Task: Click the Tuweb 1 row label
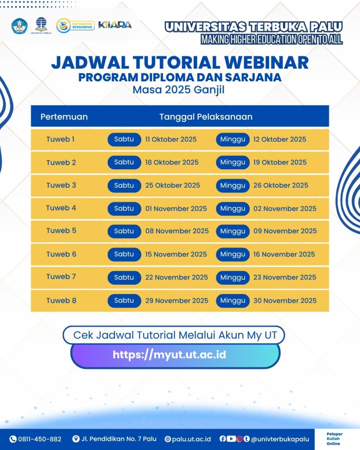[x=60, y=139]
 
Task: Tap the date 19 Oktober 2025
[x=280, y=163]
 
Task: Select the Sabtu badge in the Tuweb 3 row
[x=124, y=185]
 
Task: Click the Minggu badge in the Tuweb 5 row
[x=233, y=231]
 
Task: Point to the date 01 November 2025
[x=176, y=209]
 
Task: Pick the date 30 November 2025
[x=285, y=301]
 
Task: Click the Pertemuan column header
[x=64, y=117]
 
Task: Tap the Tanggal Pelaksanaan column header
[x=206, y=117]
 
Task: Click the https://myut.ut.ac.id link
[x=169, y=355]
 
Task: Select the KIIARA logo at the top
[x=115, y=25]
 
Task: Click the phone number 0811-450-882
[x=40, y=439]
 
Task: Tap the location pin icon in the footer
[x=76, y=439]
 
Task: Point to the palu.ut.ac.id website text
[x=191, y=439]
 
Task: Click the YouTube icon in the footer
[x=231, y=439]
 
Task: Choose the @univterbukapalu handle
[x=280, y=439]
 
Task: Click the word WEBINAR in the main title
[x=266, y=62]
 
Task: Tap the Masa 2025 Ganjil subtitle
[x=178, y=90]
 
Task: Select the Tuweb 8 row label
[x=61, y=301]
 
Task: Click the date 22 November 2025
[x=177, y=278]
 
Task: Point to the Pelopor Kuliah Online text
[x=335, y=439]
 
